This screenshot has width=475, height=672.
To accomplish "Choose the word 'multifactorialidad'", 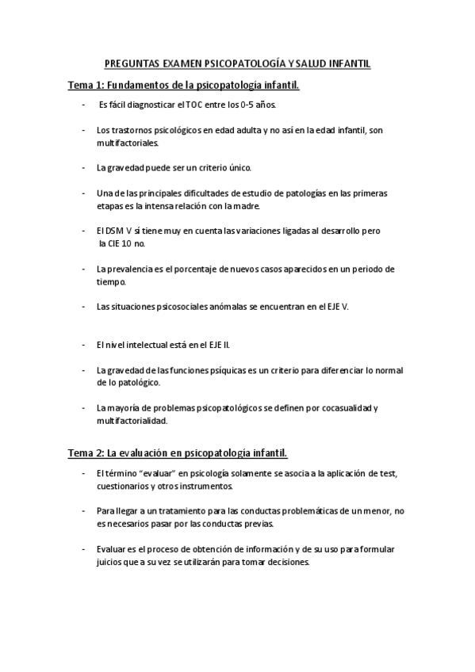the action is point(132,421).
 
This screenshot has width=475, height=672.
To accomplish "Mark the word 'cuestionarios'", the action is point(122,486).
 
